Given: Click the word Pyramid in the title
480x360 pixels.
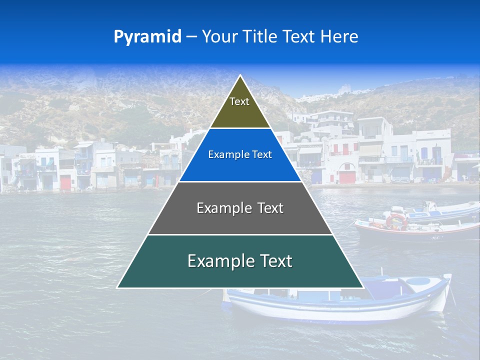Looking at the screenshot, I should [147, 36].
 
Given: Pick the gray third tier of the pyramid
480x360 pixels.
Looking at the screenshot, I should [240, 220].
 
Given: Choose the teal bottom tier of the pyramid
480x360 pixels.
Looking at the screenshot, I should [240, 275].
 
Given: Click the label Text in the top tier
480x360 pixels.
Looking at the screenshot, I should [239, 101].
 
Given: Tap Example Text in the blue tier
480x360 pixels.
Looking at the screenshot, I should [240, 154].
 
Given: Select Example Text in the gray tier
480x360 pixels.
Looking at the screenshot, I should [240, 208].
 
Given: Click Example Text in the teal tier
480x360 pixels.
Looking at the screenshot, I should [240, 261].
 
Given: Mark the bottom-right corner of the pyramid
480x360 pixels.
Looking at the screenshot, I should [363, 287].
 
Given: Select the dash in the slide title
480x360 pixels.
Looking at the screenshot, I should [191, 36].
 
